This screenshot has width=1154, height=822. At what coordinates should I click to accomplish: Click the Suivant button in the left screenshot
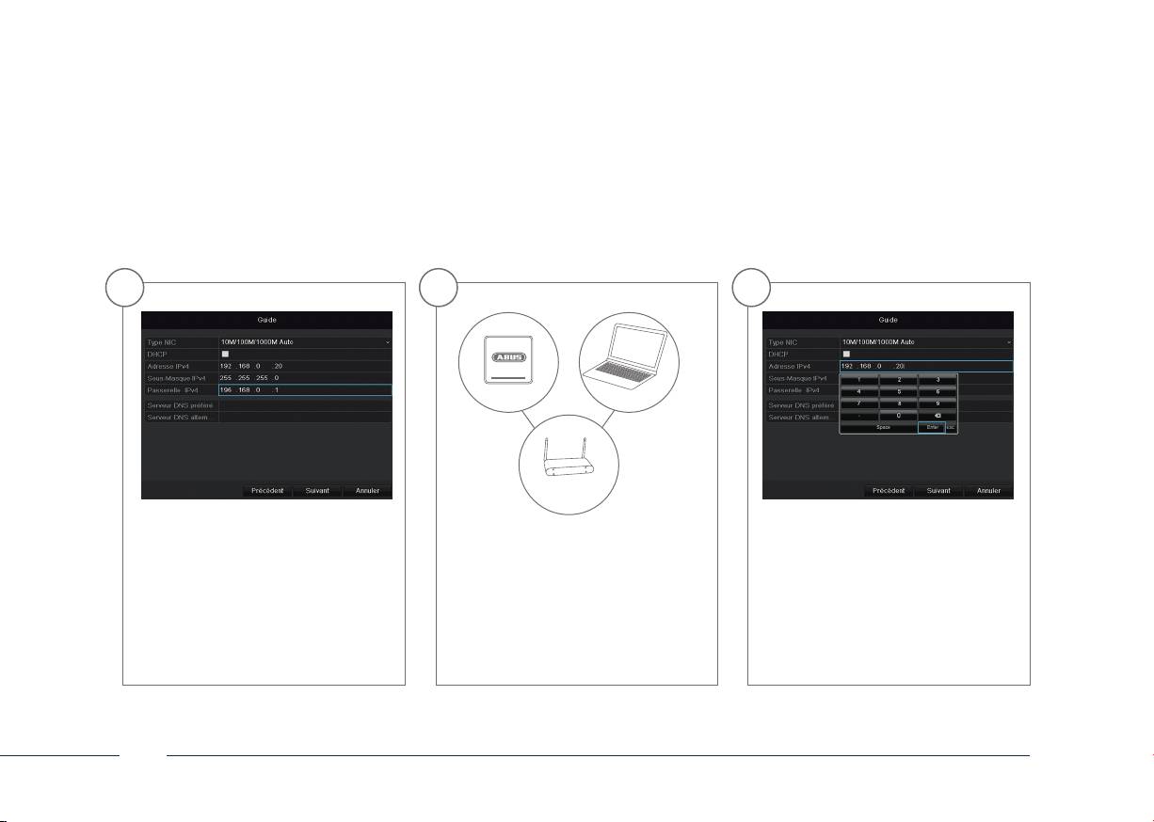[x=317, y=490]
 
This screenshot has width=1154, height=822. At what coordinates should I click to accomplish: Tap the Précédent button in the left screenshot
[x=267, y=490]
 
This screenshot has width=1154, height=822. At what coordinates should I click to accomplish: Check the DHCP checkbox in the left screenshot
[x=225, y=354]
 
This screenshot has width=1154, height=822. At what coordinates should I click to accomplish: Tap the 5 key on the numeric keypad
[x=899, y=390]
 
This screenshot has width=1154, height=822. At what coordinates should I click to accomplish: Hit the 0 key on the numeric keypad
[x=899, y=415]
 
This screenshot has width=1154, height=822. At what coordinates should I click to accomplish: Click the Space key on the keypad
[x=878, y=427]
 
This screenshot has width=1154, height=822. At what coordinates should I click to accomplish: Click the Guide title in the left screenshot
[x=266, y=320]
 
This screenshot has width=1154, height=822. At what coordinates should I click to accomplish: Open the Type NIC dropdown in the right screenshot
[x=925, y=341]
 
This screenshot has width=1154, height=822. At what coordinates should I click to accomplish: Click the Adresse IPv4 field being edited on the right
[x=925, y=366]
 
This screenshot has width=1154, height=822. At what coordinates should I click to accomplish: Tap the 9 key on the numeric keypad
[x=938, y=403]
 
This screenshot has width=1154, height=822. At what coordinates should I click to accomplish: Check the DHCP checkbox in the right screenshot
[x=846, y=354]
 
